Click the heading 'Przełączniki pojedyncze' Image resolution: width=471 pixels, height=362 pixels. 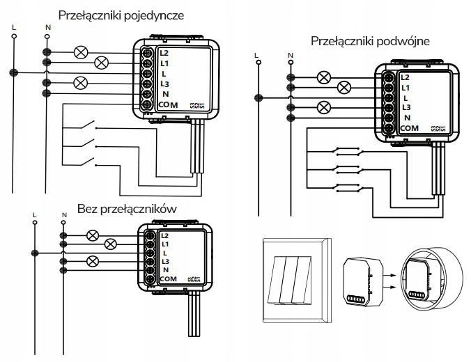(123, 15)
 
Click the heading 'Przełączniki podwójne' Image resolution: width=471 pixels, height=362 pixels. (369, 41)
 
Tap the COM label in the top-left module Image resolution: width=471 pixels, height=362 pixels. (169, 104)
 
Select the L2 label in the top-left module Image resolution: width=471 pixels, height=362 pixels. (164, 52)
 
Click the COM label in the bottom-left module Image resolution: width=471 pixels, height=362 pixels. (168, 279)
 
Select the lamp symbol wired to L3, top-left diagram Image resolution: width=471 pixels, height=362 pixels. (79, 83)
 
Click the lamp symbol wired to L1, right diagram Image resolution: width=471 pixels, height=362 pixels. (343, 88)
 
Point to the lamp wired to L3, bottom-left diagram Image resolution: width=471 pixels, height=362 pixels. (91, 261)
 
